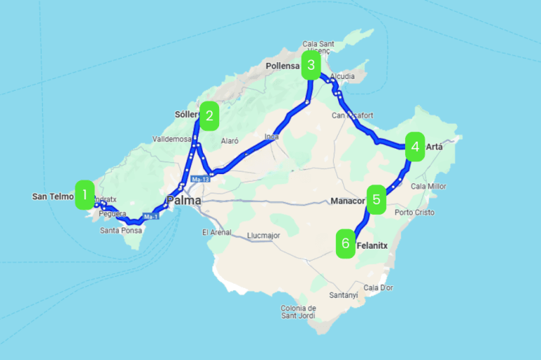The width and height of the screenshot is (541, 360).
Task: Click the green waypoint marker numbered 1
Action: point(85,194)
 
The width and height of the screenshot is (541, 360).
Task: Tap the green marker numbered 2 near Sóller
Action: point(209,116)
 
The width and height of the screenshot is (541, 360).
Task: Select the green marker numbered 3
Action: point(311,66)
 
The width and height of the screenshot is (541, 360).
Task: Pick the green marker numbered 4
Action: point(415,147)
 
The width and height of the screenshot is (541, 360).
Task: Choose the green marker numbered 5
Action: point(377,199)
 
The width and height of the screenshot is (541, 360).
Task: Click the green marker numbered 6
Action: point(345,244)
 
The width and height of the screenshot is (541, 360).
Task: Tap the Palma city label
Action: point(183,201)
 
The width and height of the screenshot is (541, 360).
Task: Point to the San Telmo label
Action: point(53,197)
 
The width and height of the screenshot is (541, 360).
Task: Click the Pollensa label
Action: point(283,66)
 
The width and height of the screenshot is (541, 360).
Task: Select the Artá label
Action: point(435,147)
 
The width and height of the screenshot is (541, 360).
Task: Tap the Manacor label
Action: point(347,201)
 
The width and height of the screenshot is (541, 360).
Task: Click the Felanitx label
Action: point(373,244)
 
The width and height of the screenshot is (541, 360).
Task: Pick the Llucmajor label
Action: point(264,235)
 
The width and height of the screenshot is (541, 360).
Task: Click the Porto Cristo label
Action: point(415,212)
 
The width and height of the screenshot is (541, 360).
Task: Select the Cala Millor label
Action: point(429,187)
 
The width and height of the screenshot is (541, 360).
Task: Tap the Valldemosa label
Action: point(172,139)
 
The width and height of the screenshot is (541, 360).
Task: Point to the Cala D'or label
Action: point(379,287)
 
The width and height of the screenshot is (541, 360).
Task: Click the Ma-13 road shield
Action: point(201,180)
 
